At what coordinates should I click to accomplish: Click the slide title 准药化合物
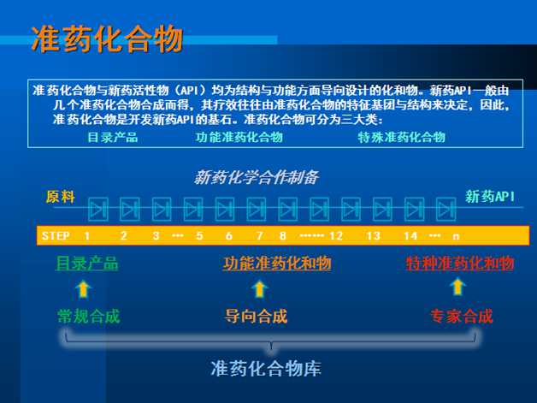(107, 39)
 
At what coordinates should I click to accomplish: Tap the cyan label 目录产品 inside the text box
(113, 137)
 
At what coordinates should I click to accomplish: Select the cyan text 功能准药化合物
(239, 137)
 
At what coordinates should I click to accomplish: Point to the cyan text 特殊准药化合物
(401, 137)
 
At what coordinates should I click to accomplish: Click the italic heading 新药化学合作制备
(257, 177)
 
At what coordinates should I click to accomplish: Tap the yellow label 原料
(60, 197)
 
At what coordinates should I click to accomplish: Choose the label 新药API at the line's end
(490, 197)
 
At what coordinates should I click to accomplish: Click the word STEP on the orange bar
(56, 236)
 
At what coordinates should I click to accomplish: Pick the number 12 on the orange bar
(336, 236)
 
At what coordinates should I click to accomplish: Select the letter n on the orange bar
(456, 236)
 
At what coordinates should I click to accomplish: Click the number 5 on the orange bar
(199, 236)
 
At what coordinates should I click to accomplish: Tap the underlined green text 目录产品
(87, 264)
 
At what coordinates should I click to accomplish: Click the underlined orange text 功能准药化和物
(277, 264)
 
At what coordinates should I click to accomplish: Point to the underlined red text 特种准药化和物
(460, 264)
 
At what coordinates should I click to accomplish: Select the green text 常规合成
(89, 316)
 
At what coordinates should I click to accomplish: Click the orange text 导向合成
(256, 316)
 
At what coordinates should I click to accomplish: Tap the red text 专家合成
(461, 316)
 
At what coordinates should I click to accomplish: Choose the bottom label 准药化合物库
(266, 369)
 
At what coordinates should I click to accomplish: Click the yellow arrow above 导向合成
(260, 288)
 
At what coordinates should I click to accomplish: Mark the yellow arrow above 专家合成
(457, 287)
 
